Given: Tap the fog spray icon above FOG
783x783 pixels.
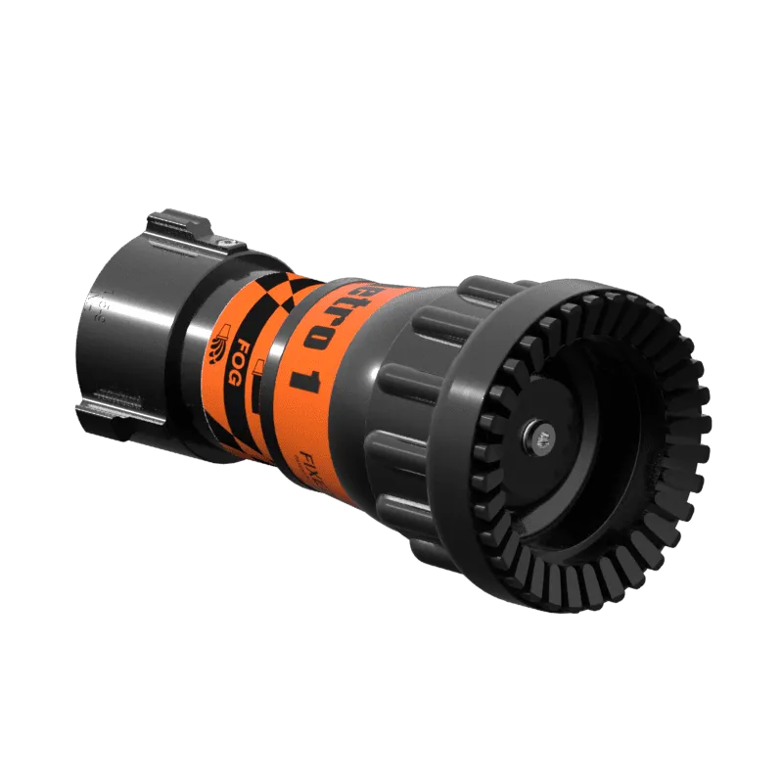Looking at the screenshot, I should [216, 346].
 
